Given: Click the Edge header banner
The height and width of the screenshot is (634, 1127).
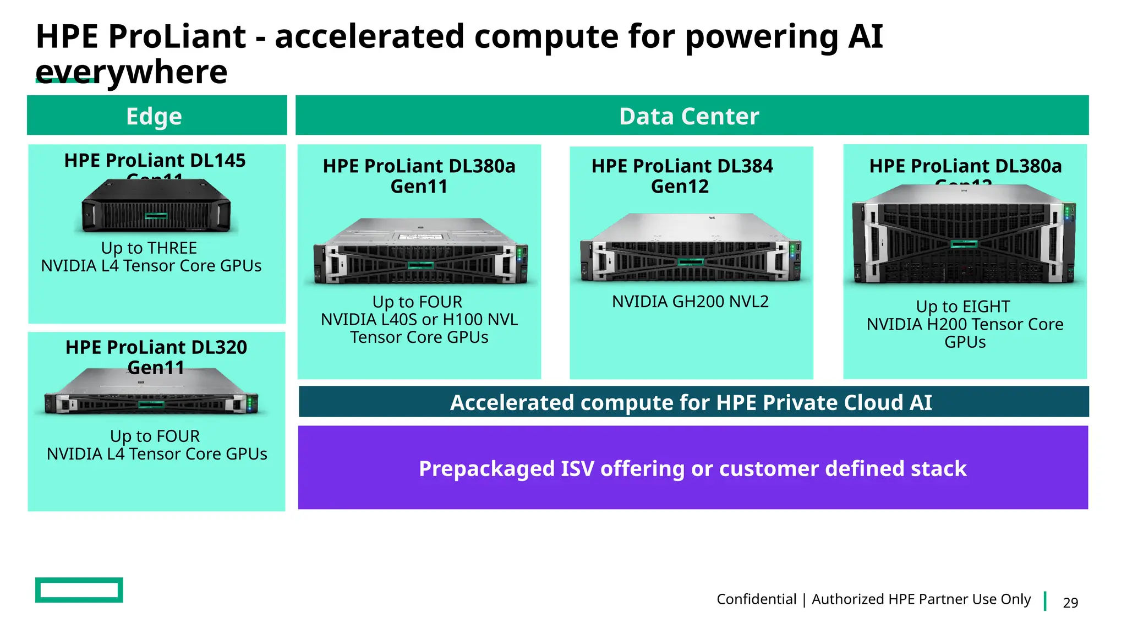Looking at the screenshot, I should [x=157, y=116].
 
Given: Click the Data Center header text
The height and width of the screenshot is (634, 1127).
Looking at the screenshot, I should [x=689, y=116].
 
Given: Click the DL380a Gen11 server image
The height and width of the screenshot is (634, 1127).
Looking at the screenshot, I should [x=420, y=252].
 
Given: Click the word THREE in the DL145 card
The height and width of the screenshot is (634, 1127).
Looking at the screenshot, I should [x=172, y=248].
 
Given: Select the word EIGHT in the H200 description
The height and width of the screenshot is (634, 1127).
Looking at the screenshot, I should [x=986, y=307].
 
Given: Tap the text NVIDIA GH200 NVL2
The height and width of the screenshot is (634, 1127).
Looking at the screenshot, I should [x=690, y=302].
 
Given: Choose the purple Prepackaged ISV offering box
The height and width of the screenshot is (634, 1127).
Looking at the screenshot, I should [x=693, y=468].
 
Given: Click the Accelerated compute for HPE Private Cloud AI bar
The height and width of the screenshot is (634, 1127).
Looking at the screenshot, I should [x=693, y=402].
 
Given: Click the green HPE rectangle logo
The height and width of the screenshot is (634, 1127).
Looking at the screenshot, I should [x=79, y=590].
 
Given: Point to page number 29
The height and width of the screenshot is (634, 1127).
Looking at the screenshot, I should [x=1070, y=603].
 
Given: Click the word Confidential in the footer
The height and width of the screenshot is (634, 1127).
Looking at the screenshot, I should [x=756, y=599].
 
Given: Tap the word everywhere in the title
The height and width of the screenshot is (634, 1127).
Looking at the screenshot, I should [x=132, y=72].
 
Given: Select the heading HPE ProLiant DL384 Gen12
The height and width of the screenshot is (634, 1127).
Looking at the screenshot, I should [x=682, y=176].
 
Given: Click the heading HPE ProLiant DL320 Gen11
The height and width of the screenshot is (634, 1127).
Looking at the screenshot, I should [x=156, y=357].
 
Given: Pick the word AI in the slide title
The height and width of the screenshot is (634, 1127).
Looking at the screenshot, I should [x=865, y=37].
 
